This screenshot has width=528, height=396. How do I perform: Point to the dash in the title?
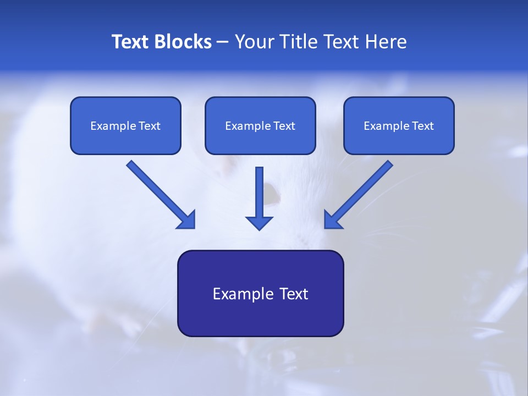[223, 42]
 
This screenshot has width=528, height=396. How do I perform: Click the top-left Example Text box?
[125, 125]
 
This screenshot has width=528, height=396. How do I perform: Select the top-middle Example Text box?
[260, 125]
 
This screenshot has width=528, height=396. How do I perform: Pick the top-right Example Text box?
[399, 125]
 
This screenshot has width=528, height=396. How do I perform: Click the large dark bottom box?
[260, 293]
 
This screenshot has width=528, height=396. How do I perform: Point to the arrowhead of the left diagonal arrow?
[187, 220]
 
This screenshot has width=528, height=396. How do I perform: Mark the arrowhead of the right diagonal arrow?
[332, 220]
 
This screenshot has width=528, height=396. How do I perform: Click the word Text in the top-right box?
[422, 126]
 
